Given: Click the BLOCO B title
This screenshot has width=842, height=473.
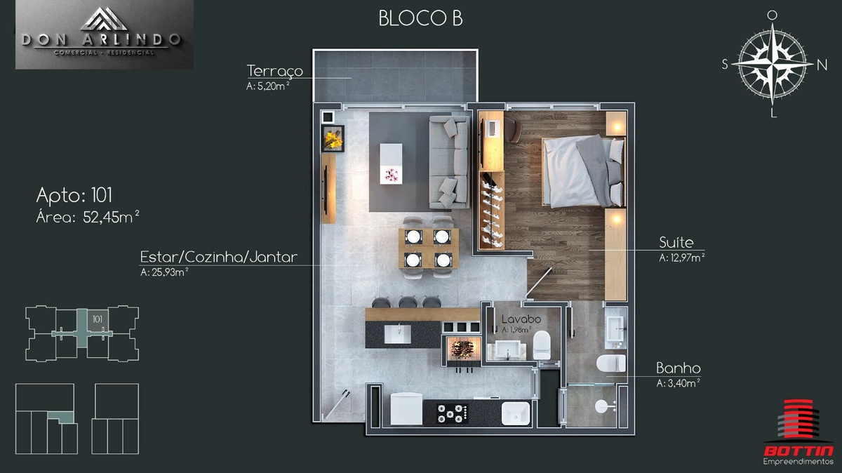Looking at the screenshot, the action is click(x=420, y=18).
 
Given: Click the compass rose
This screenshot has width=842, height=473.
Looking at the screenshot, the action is click(x=773, y=65).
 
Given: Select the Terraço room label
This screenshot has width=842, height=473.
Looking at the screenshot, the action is click(x=275, y=71).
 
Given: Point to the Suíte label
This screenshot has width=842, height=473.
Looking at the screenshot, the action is click(x=676, y=243).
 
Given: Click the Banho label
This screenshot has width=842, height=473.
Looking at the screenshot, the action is click(x=678, y=368).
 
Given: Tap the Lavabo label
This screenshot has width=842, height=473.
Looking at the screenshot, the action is click(x=521, y=319).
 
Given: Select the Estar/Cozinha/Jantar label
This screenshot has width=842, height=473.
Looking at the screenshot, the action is click(x=219, y=257).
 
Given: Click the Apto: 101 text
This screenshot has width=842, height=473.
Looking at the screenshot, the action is click(x=74, y=196).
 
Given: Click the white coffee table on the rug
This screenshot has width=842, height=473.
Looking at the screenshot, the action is click(x=391, y=164).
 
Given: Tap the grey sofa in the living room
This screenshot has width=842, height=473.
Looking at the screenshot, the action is click(x=450, y=162).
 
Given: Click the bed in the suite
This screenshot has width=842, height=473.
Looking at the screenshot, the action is click(x=583, y=171).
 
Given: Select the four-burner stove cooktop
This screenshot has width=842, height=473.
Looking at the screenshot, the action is click(x=452, y=413).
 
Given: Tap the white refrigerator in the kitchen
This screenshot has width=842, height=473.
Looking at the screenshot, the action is click(x=406, y=408).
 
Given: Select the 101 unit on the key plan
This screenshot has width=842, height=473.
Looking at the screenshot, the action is click(x=98, y=320).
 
